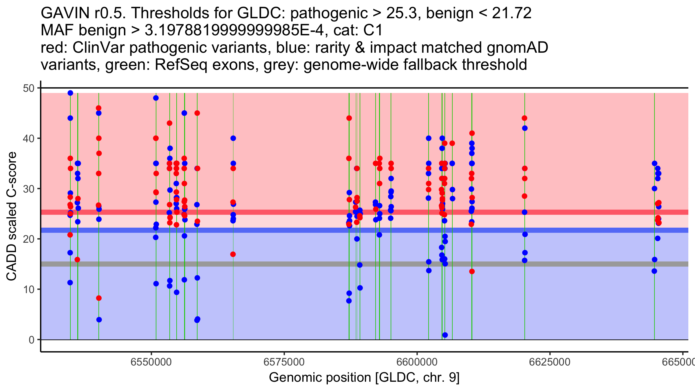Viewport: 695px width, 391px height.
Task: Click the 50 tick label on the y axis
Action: click(x=28, y=88)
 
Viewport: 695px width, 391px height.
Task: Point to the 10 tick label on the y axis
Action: click(x=28, y=289)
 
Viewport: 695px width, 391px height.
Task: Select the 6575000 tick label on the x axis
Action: click(x=284, y=362)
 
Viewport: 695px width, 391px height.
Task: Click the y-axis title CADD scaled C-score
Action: click(x=12, y=216)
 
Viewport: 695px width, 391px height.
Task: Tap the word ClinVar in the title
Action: click(x=98, y=47)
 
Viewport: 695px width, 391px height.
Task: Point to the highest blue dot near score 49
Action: click(x=70, y=93)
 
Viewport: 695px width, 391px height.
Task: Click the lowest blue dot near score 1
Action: click(x=445, y=335)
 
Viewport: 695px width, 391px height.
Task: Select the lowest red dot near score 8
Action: click(x=99, y=298)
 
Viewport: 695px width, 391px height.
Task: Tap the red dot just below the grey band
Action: click(x=472, y=271)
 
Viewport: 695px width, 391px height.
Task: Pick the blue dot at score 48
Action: click(x=156, y=98)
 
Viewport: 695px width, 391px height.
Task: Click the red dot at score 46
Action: click(x=98, y=108)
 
